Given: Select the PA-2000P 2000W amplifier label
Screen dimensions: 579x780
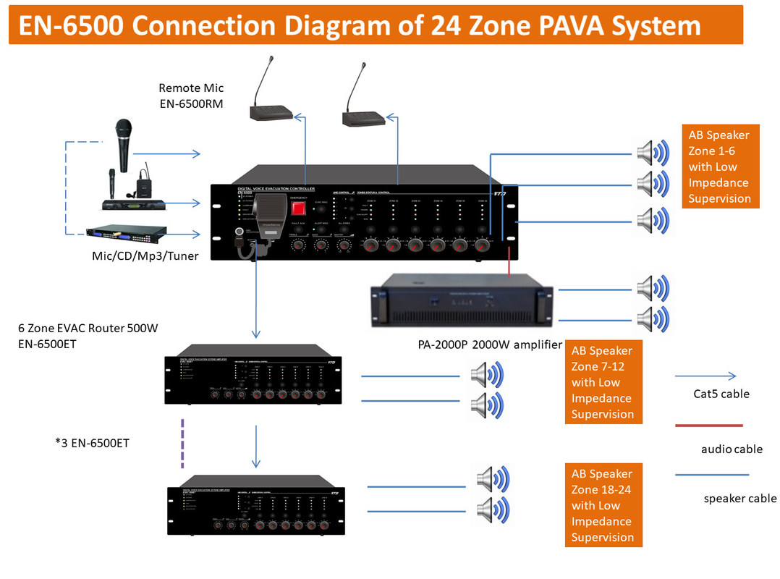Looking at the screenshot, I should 489,345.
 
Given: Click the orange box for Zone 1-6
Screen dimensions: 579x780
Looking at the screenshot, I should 720,166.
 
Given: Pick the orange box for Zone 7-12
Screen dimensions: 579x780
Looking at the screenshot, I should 603,382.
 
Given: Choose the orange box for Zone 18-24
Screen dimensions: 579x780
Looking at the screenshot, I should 603,505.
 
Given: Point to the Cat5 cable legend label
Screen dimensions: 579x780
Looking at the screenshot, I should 721,394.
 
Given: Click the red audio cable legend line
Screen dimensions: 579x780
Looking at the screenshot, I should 708,426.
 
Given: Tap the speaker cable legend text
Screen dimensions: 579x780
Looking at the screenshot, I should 739,498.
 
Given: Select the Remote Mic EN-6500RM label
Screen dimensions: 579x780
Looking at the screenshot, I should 191,96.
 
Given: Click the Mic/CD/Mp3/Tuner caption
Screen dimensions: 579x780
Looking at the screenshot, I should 145,255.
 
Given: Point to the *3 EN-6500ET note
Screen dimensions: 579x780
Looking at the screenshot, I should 92,442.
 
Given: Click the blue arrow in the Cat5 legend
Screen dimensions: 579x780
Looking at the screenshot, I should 705,376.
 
